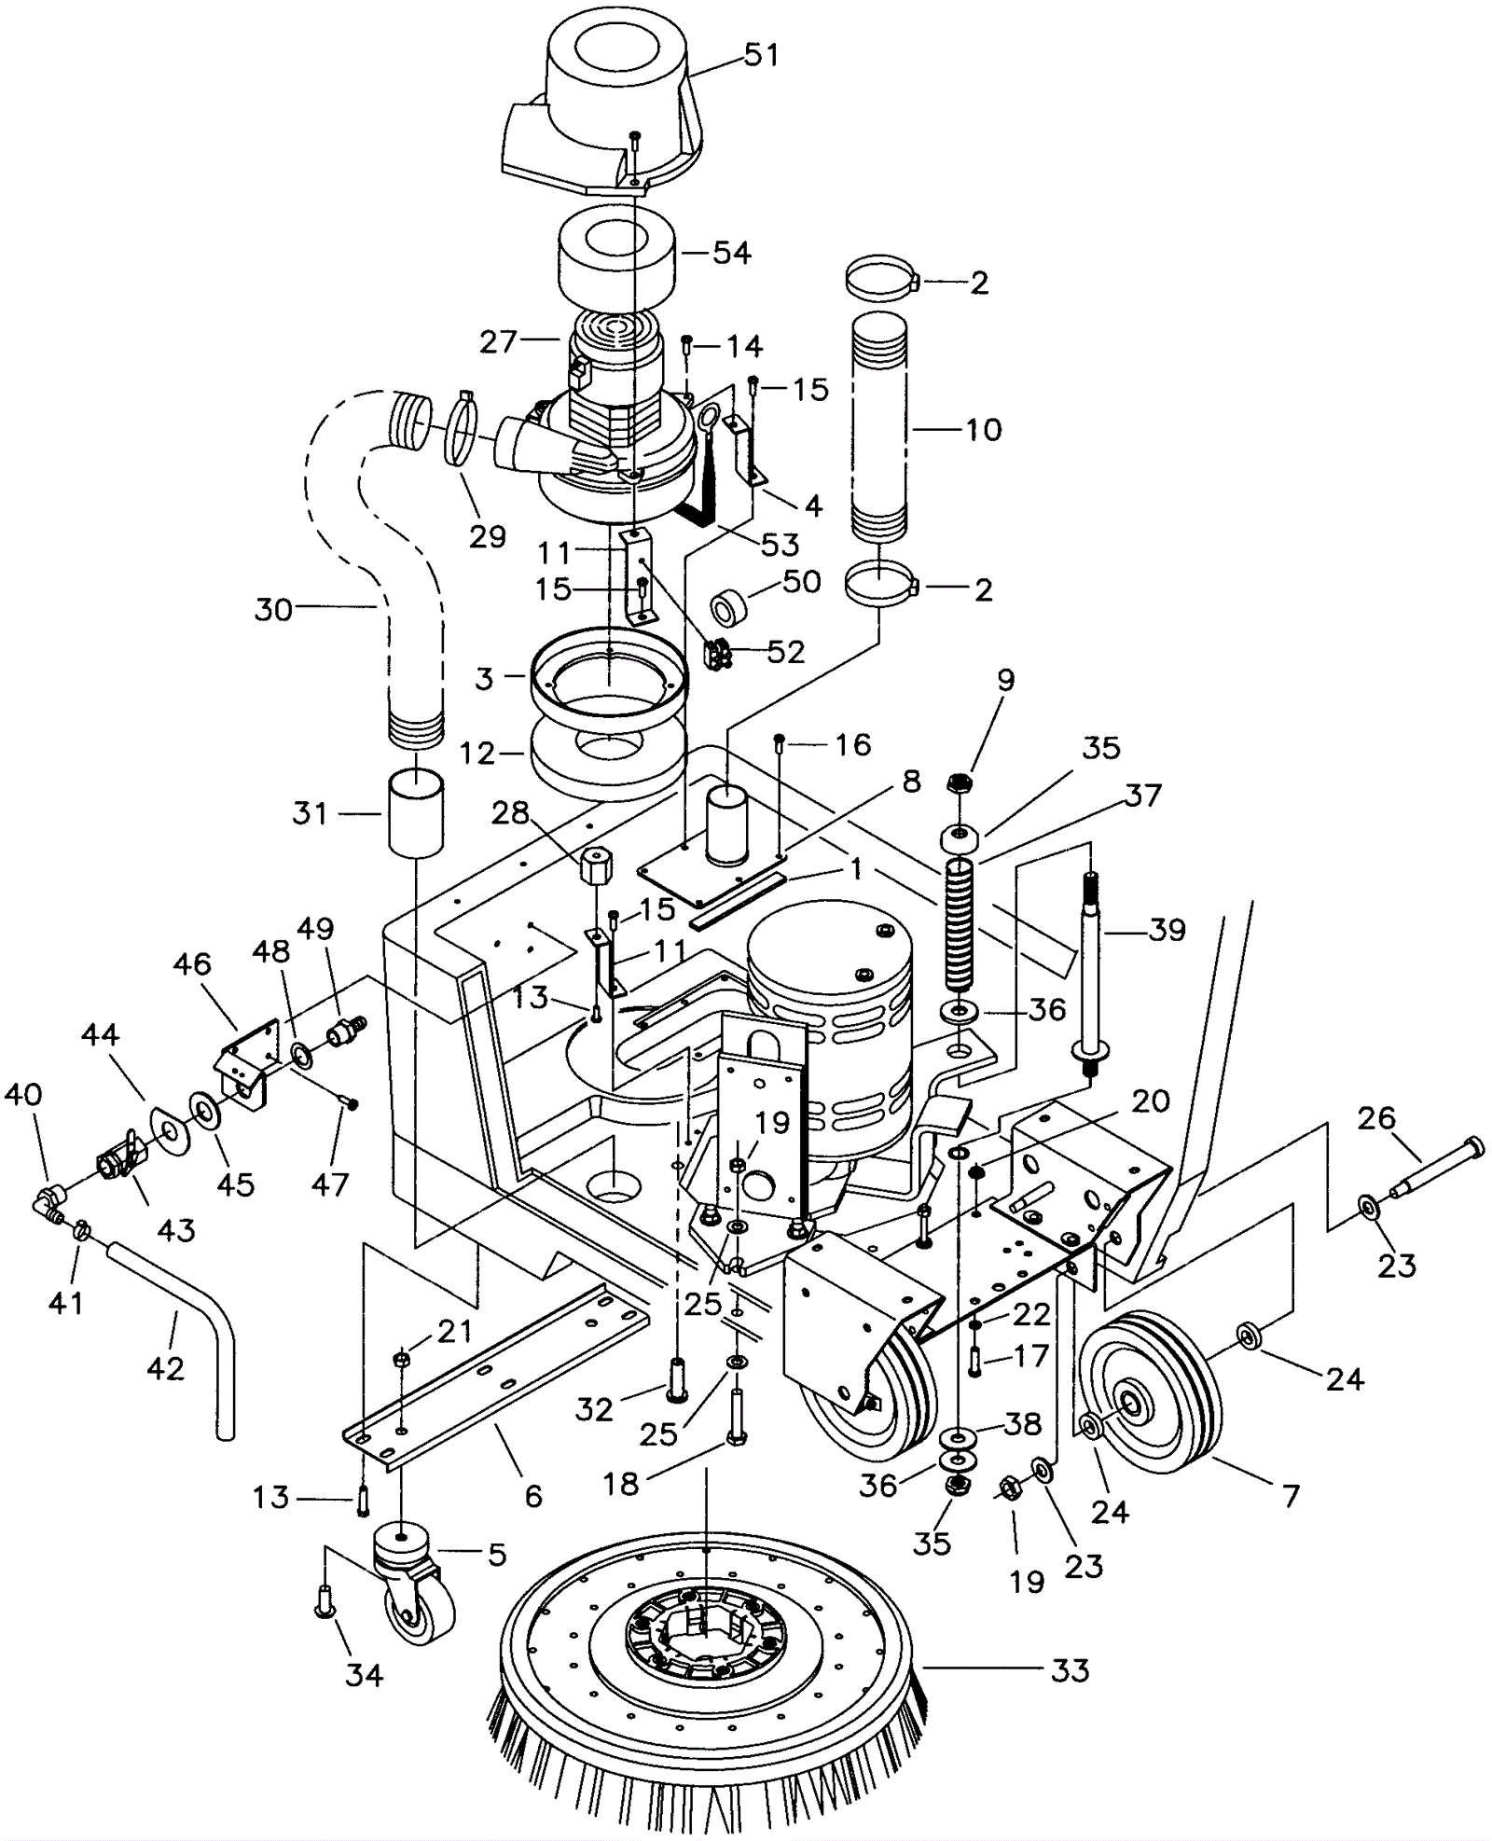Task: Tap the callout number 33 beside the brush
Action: [1070, 1669]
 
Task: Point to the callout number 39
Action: [1167, 930]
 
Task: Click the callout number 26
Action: [1376, 1117]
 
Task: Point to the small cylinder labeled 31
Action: [415, 812]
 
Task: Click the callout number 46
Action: [192, 963]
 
